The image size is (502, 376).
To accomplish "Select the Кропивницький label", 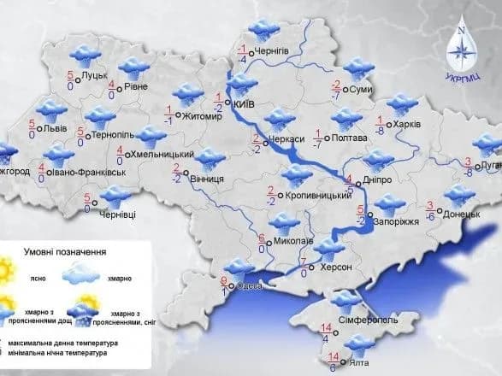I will click(x=313, y=196).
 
